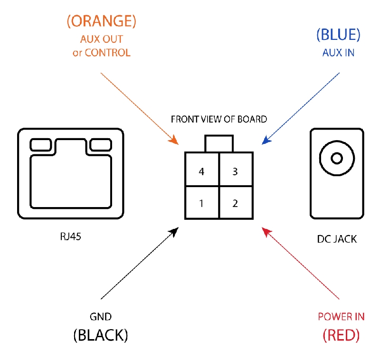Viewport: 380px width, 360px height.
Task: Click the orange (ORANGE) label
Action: click(x=101, y=21)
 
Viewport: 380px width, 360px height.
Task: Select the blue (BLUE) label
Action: click(x=338, y=34)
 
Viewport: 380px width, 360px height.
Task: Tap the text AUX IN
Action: click(x=338, y=53)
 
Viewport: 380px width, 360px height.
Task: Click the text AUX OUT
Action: click(x=102, y=39)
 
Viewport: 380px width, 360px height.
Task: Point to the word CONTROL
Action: click(x=108, y=53)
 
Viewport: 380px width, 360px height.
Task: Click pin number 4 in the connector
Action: click(x=201, y=171)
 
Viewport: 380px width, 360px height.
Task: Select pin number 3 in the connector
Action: click(x=235, y=171)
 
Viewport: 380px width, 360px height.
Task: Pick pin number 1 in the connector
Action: click(x=201, y=203)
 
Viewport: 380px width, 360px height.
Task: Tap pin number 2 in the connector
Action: click(x=235, y=203)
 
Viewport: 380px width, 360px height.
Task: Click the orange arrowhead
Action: click(x=174, y=141)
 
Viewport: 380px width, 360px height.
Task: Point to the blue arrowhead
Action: click(x=266, y=141)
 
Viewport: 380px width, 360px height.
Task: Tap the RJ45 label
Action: click(x=70, y=237)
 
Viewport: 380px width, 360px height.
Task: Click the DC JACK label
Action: click(x=337, y=239)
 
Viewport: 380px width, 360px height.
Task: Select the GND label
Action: click(x=101, y=317)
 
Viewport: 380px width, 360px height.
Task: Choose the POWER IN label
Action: click(x=341, y=317)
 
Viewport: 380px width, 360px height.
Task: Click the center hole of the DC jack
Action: click(x=337, y=159)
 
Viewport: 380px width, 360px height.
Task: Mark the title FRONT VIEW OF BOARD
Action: click(x=219, y=119)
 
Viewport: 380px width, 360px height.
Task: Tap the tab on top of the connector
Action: click(x=219, y=143)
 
